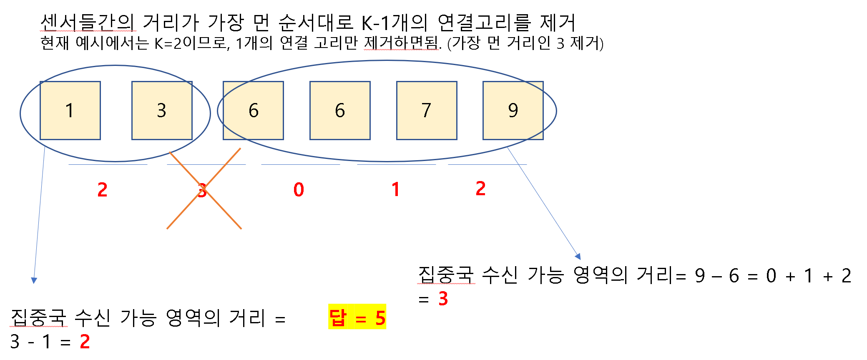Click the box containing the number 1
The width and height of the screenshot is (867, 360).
pyautogui.click(x=70, y=111)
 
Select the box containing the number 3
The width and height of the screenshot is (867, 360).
pyautogui.click(x=162, y=111)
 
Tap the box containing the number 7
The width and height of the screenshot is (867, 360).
pyautogui.click(x=426, y=111)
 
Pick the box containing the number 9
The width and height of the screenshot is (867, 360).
pyautogui.click(x=513, y=111)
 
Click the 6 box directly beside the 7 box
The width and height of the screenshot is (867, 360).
pyautogui.click(x=340, y=111)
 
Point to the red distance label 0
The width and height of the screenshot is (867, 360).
pyautogui.click(x=299, y=190)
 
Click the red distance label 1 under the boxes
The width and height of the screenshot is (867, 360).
pyautogui.click(x=395, y=190)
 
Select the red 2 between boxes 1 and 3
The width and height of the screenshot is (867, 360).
pyautogui.click(x=102, y=190)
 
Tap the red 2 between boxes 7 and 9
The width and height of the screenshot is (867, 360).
pyautogui.click(x=480, y=189)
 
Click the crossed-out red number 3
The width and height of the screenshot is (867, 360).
pyautogui.click(x=202, y=191)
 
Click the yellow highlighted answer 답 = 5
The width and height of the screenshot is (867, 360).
pyautogui.click(x=357, y=318)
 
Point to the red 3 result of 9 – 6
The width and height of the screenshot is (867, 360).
pyautogui.click(x=443, y=299)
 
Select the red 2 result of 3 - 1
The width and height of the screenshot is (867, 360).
pyautogui.click(x=85, y=342)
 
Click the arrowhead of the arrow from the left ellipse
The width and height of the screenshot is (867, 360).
pyautogui.click(x=34, y=281)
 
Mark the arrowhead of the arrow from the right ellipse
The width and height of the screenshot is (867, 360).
pyautogui.click(x=578, y=257)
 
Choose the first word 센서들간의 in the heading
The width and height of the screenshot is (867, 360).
pyautogui.click(x=88, y=23)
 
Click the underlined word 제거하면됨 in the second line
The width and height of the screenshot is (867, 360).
pyautogui.click(x=402, y=43)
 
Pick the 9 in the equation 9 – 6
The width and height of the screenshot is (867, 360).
pyautogui.click(x=700, y=276)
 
